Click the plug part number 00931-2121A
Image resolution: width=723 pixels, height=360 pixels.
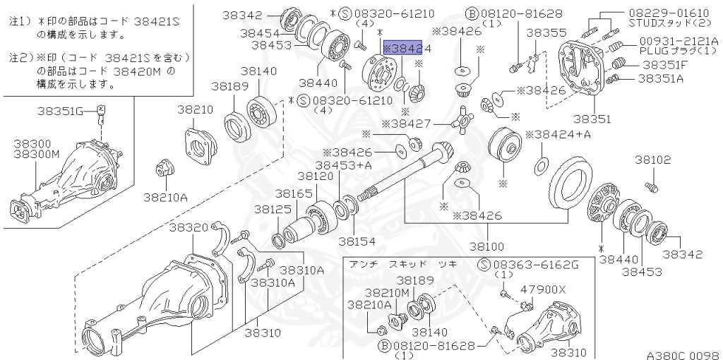(x=679, y=42)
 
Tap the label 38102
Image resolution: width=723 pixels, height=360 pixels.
(x=652, y=160)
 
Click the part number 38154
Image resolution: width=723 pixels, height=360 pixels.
(x=356, y=241)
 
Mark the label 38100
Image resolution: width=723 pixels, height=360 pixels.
(x=487, y=246)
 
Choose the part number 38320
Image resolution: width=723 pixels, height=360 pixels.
(x=188, y=227)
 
